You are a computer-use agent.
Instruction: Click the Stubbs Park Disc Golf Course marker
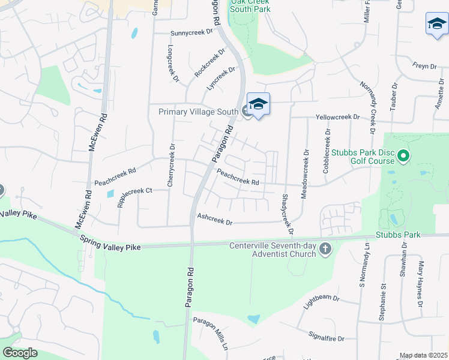click(x=404, y=157)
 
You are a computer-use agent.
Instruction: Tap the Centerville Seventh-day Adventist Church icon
click(x=325, y=248)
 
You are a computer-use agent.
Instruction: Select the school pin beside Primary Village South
click(x=258, y=105)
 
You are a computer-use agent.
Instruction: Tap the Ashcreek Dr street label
click(x=214, y=220)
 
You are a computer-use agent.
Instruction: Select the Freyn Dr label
click(x=424, y=65)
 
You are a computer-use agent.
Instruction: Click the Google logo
click(x=20, y=352)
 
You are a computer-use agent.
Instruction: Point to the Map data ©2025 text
click(x=423, y=355)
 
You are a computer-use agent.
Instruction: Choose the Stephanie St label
click(x=382, y=301)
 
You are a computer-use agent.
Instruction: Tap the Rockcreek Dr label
click(x=209, y=62)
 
